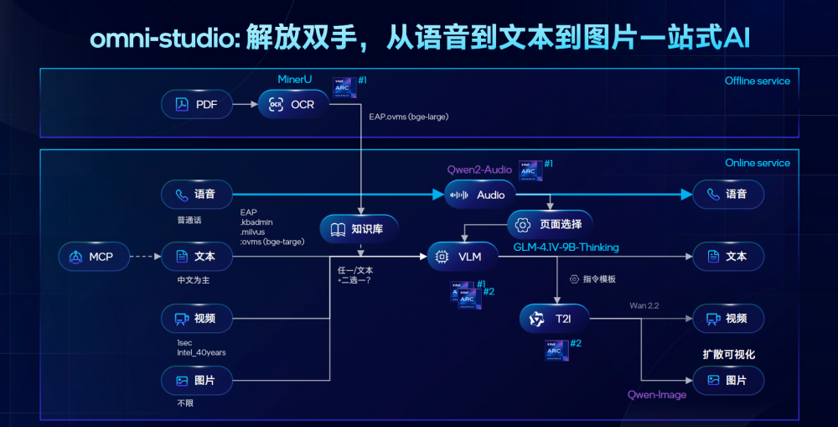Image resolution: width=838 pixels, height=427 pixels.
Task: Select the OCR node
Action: click(292, 105)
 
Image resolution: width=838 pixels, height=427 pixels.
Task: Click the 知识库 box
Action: click(359, 227)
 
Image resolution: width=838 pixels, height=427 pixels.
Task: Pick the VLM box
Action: click(463, 257)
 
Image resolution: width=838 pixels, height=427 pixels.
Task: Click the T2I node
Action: click(554, 319)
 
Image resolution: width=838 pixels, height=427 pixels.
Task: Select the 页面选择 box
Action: click(550, 225)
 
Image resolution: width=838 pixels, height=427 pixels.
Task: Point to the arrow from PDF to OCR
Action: click(244, 105)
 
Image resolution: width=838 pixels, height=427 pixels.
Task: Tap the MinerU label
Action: click(295, 80)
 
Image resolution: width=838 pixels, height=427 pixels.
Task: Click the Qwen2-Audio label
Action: click(480, 168)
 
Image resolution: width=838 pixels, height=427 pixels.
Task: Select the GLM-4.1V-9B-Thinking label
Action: click(566, 247)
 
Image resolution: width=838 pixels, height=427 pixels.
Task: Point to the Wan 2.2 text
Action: click(644, 305)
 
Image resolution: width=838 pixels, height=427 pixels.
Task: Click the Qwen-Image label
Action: click(657, 395)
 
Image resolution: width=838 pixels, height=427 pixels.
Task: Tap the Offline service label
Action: click(757, 81)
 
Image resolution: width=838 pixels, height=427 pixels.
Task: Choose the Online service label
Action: click(757, 163)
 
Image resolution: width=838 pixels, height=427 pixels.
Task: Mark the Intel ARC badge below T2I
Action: click(556, 350)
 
